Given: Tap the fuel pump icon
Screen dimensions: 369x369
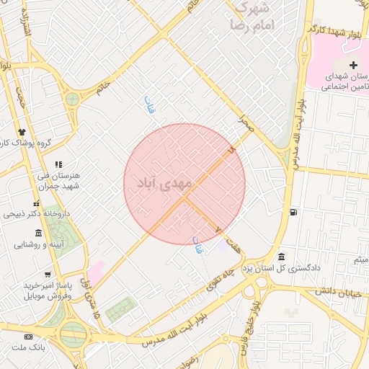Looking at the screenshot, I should click(x=293, y=212).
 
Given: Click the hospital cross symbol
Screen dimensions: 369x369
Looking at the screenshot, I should click(x=353, y=66).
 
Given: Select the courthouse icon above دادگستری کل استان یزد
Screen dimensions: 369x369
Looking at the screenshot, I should click(x=280, y=257).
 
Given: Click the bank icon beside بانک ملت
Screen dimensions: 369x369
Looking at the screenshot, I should click(x=29, y=337).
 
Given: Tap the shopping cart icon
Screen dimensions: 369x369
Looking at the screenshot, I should click(x=48, y=275).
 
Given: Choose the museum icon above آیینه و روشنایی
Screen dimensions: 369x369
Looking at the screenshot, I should click(x=37, y=232).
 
